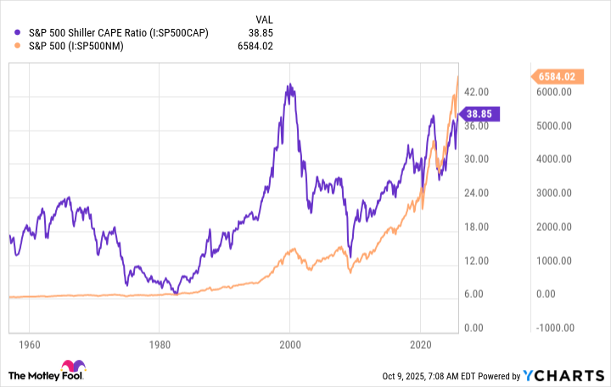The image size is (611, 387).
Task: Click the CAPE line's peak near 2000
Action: [x=289, y=85]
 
